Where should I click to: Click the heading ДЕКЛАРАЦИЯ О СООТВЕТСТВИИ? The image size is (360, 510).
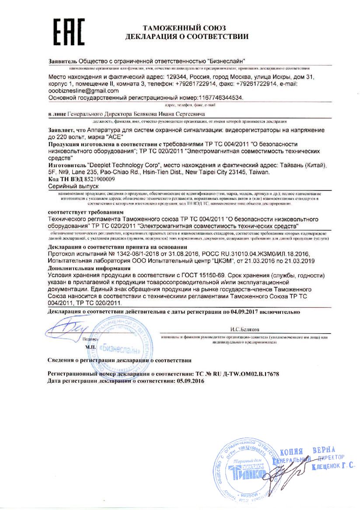point(187,37)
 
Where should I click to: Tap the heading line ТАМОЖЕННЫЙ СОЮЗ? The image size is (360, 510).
point(187,28)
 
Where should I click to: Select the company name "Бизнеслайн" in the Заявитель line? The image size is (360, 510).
point(226,60)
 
